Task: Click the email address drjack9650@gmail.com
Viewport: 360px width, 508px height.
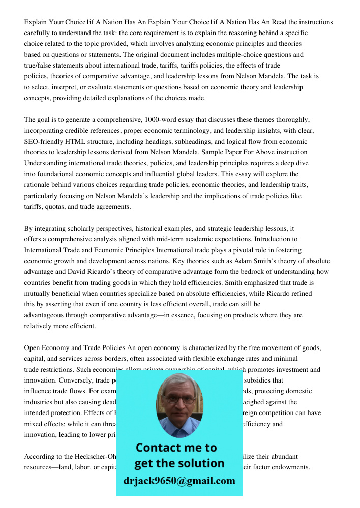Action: click(x=179, y=481)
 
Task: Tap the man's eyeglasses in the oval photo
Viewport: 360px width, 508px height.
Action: click(x=179, y=400)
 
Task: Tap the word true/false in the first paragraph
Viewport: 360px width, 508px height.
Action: click(x=41, y=66)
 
